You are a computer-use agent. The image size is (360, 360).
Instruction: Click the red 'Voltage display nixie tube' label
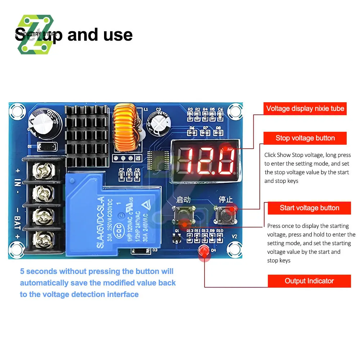click(305, 108)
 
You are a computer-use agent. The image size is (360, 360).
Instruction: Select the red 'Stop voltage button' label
click(305, 138)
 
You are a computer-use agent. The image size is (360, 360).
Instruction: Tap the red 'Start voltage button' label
click(309, 208)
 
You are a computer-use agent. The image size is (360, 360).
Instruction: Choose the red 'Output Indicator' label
click(309, 281)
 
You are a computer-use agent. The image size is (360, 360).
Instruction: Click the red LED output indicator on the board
click(205, 251)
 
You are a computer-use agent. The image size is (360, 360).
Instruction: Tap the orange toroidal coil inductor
click(124, 128)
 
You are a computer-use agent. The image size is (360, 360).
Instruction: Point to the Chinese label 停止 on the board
click(226, 199)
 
